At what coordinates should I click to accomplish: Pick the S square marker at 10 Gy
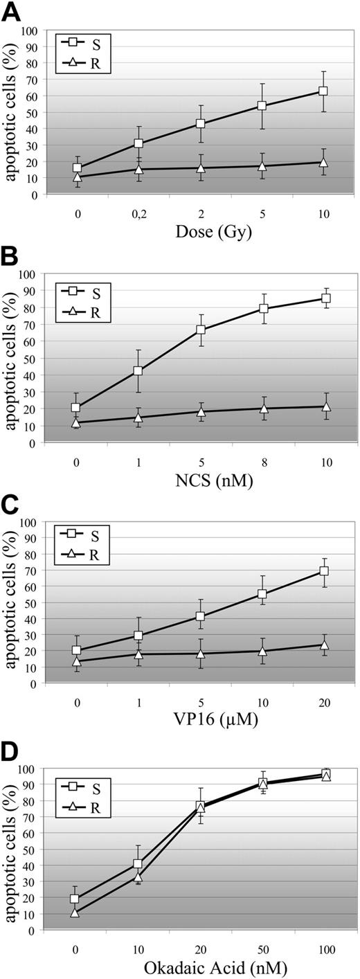click(x=323, y=91)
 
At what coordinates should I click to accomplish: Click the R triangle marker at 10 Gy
click(x=323, y=162)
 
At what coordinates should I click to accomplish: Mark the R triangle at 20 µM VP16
click(x=323, y=645)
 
